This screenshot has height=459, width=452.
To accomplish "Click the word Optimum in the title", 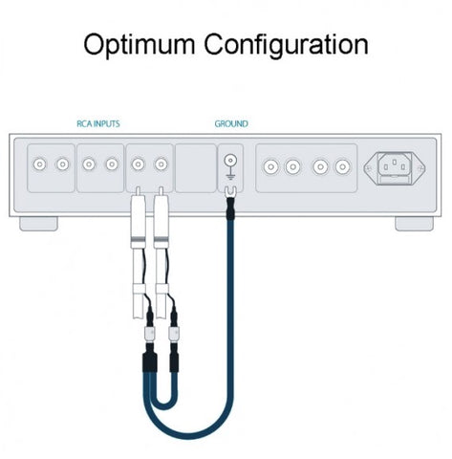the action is tap(139, 45).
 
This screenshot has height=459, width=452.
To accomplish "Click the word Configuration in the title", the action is tap(286, 45).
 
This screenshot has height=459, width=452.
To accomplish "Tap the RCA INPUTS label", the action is tap(98, 123).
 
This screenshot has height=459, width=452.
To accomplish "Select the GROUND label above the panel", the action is tap(231, 123).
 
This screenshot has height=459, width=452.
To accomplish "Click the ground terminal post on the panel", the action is tap(230, 160).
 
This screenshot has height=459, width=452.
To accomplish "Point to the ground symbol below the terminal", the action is tap(230, 176).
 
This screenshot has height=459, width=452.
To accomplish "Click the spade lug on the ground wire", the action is tap(228, 192).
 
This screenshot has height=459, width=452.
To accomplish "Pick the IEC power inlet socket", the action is tap(395, 168).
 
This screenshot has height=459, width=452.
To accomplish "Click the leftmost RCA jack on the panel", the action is tap(39, 164).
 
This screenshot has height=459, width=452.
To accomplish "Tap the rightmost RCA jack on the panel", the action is tap(342, 166).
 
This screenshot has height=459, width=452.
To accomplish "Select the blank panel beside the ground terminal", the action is tap(196, 168).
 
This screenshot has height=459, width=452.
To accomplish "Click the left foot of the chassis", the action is tap(38, 224).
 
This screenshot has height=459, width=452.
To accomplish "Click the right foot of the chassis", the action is tap(414, 224).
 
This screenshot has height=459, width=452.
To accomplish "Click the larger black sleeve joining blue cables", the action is tap(149, 362).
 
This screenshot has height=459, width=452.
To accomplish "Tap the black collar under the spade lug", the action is tap(229, 208).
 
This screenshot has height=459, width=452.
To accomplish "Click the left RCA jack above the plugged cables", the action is tap(138, 164).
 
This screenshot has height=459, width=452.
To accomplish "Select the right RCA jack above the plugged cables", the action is tap(161, 164).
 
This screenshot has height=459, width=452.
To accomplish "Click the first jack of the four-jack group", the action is tap(270, 166).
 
